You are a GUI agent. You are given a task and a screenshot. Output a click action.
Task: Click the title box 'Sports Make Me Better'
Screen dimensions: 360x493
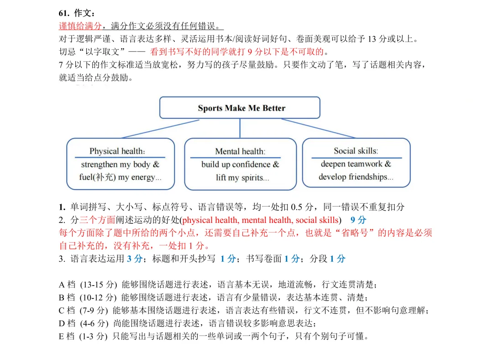click(241, 108)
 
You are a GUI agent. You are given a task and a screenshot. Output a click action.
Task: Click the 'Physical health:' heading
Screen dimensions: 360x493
click(117, 151)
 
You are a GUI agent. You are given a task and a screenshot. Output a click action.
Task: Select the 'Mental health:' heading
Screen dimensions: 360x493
click(240, 151)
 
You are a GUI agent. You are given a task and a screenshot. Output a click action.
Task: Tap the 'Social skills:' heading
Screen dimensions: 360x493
click(356, 151)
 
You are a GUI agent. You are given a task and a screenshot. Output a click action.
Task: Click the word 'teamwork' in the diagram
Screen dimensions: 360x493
click(367, 164)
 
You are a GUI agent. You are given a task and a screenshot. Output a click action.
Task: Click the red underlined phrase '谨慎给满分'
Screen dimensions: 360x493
click(80, 26)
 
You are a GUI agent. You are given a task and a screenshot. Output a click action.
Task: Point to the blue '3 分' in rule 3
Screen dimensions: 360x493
click(134, 259)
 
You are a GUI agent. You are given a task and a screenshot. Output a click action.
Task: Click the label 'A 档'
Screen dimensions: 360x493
click(67, 285)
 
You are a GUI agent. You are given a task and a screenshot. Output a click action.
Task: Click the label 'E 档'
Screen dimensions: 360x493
click(67, 337)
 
